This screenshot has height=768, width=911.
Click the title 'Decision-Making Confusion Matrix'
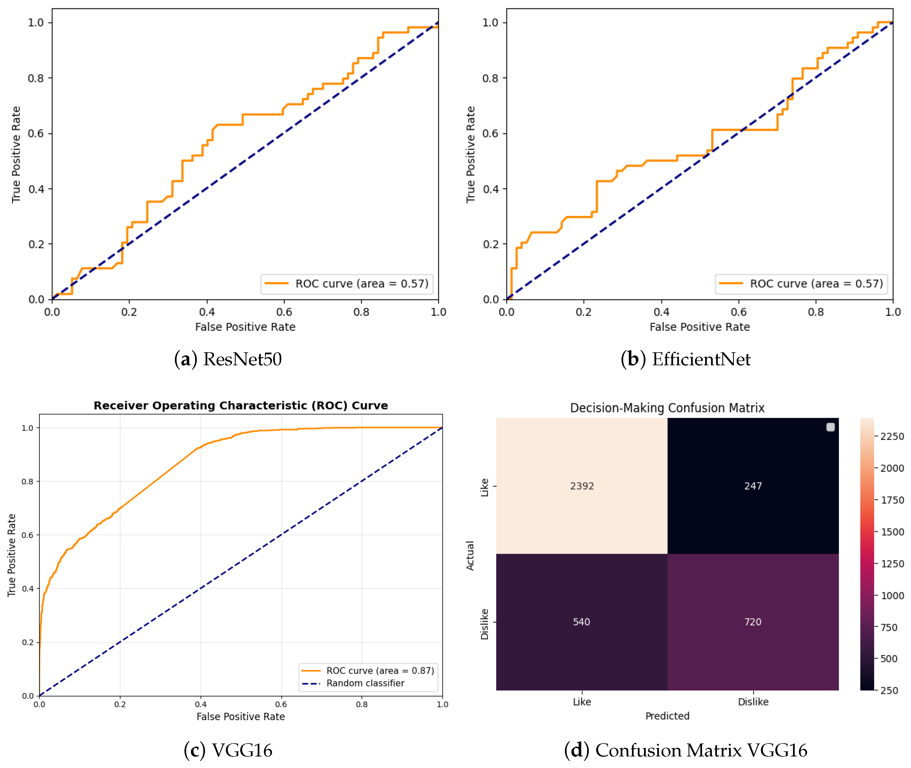tap(667, 408)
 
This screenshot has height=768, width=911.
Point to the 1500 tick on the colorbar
tap(892, 532)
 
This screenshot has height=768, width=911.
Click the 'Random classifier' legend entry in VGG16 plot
tap(365, 683)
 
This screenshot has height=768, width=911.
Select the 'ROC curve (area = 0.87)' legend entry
tap(380, 671)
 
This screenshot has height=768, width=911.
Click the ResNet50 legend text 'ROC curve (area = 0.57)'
tap(362, 284)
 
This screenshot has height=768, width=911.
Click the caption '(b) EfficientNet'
tap(685, 359)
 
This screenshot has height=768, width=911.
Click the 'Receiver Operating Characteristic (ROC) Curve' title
tap(241, 406)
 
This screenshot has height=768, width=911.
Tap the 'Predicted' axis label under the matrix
tap(667, 716)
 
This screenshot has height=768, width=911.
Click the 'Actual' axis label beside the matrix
tap(470, 556)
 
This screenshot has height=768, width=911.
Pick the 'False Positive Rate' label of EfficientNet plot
tap(700, 327)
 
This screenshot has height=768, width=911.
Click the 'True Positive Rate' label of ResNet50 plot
tap(16, 155)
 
